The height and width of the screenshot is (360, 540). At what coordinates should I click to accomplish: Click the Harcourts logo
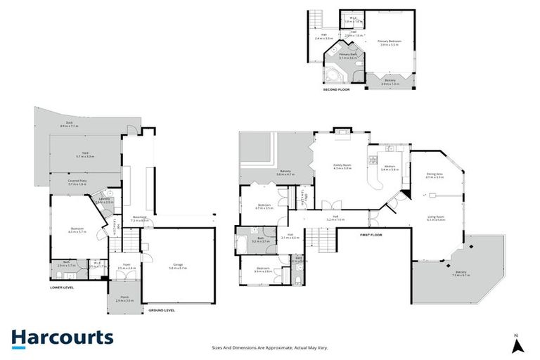62,337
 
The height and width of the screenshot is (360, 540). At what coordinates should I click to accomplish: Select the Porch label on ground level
124,300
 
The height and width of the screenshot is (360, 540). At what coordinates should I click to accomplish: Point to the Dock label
70,124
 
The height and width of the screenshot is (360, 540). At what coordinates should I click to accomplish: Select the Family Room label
342,167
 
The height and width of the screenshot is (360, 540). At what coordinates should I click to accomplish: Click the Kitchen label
390,167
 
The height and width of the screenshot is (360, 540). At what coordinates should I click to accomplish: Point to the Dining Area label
435,176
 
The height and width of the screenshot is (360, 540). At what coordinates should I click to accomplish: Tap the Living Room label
436,219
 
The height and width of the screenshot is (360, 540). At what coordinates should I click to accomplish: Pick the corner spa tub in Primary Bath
332,75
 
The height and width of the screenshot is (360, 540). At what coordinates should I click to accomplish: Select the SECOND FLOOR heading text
335,90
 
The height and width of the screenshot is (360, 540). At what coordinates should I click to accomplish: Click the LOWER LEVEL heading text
62,287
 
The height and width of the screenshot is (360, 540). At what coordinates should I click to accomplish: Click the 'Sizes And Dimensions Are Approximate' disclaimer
269,347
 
